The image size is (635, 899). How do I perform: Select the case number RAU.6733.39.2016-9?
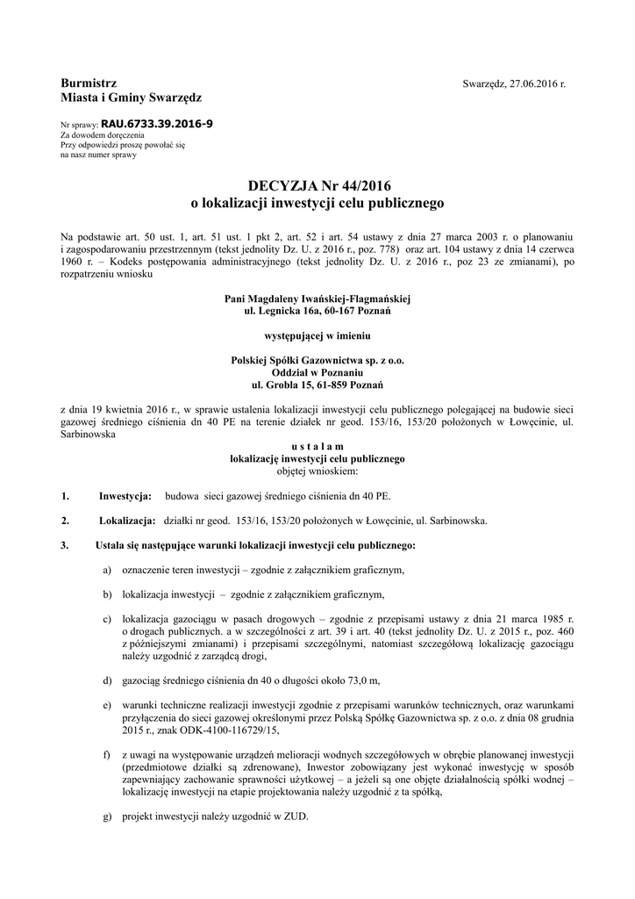[156, 125]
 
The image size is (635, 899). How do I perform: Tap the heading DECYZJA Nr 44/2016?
[317, 185]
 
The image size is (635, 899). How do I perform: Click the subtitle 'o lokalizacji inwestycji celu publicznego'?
[317, 203]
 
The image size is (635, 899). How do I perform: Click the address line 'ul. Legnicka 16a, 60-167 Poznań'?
[317, 312]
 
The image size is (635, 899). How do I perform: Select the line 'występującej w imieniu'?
[317, 335]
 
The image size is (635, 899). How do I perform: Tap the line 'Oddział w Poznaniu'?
[317, 372]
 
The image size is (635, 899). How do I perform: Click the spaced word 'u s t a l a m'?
[317, 446]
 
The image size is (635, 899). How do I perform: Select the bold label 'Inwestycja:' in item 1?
[125, 496]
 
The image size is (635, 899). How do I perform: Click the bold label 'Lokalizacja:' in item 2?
[128, 521]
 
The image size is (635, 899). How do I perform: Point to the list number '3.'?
[64, 545]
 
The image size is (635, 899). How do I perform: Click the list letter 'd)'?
[107, 680]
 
